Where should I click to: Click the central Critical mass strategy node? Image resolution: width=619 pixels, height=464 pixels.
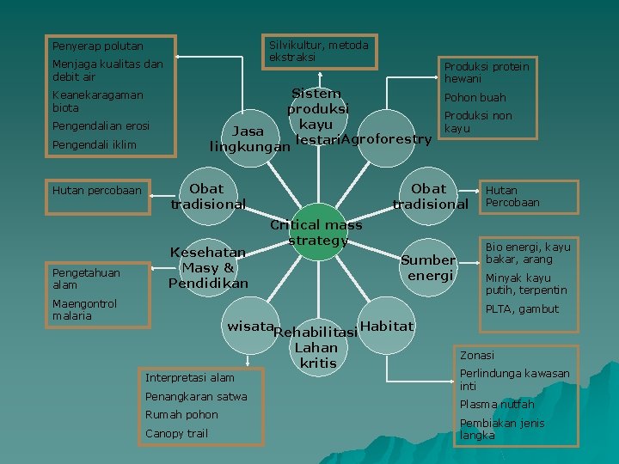(316, 232)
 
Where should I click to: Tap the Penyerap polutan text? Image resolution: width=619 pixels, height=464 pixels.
(97, 46)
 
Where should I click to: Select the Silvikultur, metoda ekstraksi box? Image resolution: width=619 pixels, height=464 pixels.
(319, 51)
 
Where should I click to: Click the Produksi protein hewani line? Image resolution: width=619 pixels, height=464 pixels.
(486, 72)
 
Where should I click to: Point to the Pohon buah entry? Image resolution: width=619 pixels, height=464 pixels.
(475, 98)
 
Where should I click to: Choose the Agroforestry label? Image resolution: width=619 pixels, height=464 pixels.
(386, 138)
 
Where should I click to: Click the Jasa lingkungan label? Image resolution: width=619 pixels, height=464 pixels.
(249, 139)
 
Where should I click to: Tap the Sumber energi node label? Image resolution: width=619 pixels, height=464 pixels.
(430, 267)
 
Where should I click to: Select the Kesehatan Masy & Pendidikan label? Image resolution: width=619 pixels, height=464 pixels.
(208, 267)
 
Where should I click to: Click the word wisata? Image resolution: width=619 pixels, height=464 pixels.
(249, 327)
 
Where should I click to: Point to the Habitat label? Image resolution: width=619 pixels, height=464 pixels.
(387, 326)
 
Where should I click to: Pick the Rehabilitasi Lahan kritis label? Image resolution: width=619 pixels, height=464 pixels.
(316, 348)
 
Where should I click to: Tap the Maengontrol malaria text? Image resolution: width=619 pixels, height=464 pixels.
(84, 309)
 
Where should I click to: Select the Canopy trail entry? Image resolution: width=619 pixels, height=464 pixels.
(176, 433)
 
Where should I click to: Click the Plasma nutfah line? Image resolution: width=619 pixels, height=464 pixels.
(496, 404)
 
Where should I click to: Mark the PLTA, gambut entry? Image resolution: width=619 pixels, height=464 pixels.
(522, 309)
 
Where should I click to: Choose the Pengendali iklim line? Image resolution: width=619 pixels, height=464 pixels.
(94, 144)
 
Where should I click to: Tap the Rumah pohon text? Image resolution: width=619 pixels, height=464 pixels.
(181, 414)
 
